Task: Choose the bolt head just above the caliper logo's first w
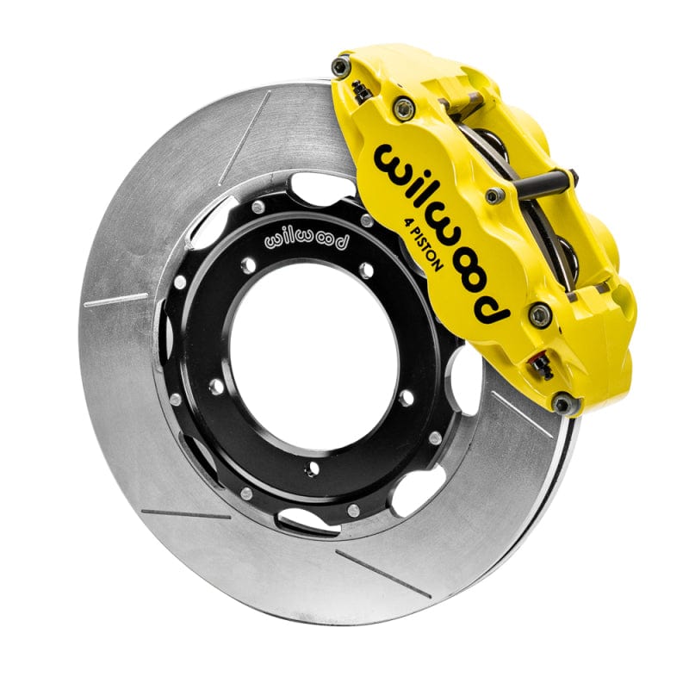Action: coord(403,108)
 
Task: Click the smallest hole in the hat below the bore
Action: coord(311,469)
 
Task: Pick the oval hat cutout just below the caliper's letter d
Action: coord(469,379)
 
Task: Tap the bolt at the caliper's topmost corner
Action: coord(343,65)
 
